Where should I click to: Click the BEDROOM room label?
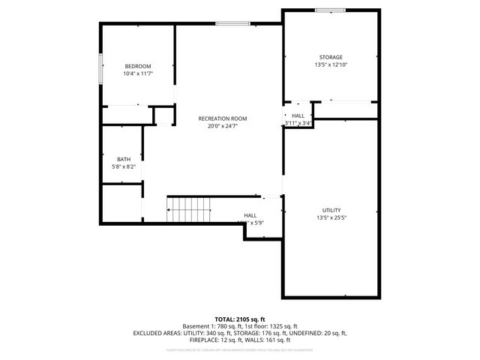(137, 66)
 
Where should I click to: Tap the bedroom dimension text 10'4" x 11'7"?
(137, 73)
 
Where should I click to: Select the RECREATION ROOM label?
(222, 118)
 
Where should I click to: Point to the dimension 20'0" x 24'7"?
(222, 126)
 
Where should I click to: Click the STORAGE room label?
(330, 57)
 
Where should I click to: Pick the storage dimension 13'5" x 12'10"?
(330, 64)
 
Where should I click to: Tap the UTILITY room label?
(331, 210)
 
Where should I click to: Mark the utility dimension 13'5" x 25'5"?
(331, 217)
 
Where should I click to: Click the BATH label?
(124, 159)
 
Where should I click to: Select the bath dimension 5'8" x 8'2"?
(124, 166)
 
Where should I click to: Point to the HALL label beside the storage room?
(298, 115)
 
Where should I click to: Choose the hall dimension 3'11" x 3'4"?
(298, 123)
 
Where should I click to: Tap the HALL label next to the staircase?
(250, 215)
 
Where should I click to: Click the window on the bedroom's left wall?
(101, 70)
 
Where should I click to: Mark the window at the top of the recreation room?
(232, 23)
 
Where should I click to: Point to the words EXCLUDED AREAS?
(157, 332)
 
